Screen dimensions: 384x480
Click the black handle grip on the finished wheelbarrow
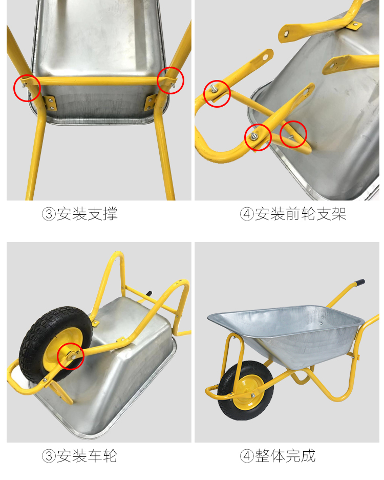(x=359, y=283)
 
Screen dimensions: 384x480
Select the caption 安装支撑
(x=87, y=214)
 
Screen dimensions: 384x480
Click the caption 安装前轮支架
(x=301, y=214)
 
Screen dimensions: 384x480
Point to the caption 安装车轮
(x=87, y=456)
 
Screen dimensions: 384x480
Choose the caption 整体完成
(x=285, y=456)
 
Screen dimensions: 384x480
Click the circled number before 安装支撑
(x=49, y=214)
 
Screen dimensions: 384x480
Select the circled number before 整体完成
(x=247, y=456)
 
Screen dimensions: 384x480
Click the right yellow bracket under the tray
(x=150, y=102)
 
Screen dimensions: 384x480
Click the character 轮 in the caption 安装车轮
(x=111, y=456)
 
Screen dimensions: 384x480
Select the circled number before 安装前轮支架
(x=247, y=214)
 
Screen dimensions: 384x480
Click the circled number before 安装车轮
(x=49, y=456)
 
